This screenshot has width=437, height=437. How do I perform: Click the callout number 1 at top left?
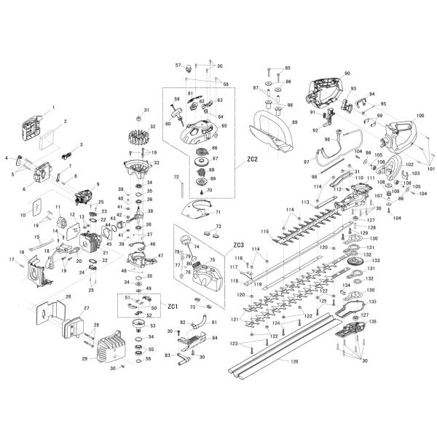pos(52,108)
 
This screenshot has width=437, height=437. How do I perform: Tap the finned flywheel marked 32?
pos(138,135)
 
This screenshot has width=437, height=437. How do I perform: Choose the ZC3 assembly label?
pos(238,245)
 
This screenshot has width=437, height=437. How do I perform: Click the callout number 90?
pos(347,74)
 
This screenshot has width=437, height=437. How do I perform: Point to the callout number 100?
pos(420,117)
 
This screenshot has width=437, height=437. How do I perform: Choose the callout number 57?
pos(178,65)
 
